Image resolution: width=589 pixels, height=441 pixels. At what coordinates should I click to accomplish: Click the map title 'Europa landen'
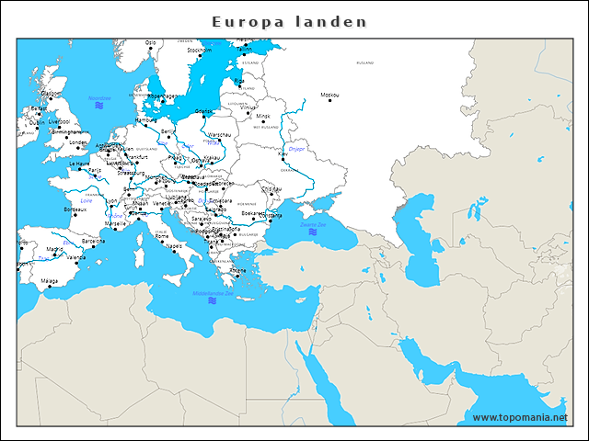(289, 21)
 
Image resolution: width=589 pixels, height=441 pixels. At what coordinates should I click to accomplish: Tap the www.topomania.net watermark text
(520, 417)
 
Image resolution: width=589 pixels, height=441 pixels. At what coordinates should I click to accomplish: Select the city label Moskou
(329, 95)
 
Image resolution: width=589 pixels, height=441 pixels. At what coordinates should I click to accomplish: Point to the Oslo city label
(151, 41)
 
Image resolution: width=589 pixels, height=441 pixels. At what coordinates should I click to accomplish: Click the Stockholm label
(200, 51)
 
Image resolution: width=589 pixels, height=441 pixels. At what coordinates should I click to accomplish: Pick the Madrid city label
(55, 249)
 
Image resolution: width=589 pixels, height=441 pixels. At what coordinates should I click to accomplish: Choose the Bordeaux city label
(75, 209)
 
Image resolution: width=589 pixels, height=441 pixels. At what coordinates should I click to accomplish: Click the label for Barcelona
(93, 241)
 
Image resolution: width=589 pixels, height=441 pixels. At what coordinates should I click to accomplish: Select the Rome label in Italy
(162, 236)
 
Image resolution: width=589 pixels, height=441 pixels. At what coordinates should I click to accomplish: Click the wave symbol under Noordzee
(98, 107)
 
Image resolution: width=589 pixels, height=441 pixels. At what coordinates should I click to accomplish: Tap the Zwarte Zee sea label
(313, 224)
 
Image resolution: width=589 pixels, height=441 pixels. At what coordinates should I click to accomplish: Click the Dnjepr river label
(296, 148)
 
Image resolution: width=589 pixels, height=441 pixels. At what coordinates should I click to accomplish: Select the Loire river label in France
(87, 187)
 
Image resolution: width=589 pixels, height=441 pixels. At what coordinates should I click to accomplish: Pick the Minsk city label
(264, 117)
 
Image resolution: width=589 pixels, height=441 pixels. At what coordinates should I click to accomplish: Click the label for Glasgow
(50, 93)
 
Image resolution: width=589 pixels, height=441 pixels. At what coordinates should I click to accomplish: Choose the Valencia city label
(75, 257)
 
